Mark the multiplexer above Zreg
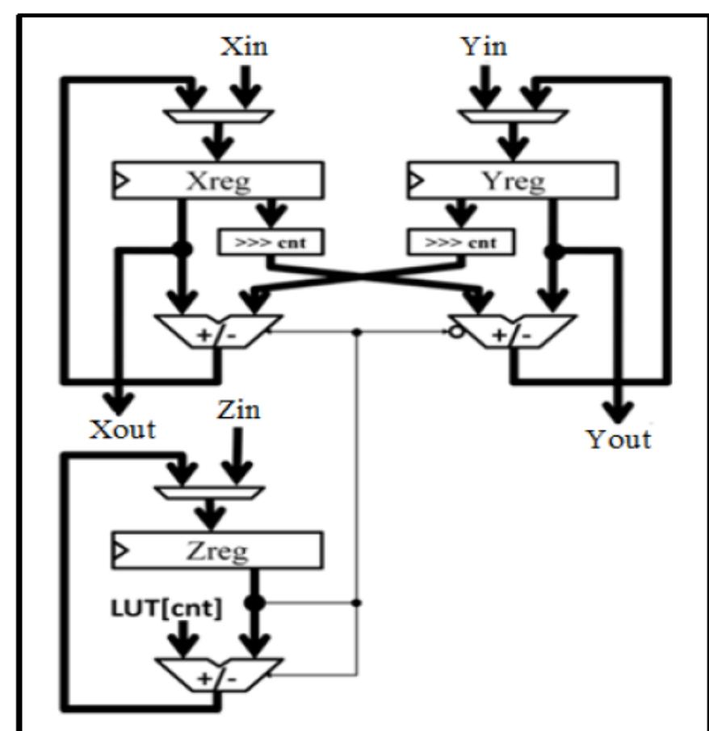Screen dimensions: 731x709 [x=216, y=491]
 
